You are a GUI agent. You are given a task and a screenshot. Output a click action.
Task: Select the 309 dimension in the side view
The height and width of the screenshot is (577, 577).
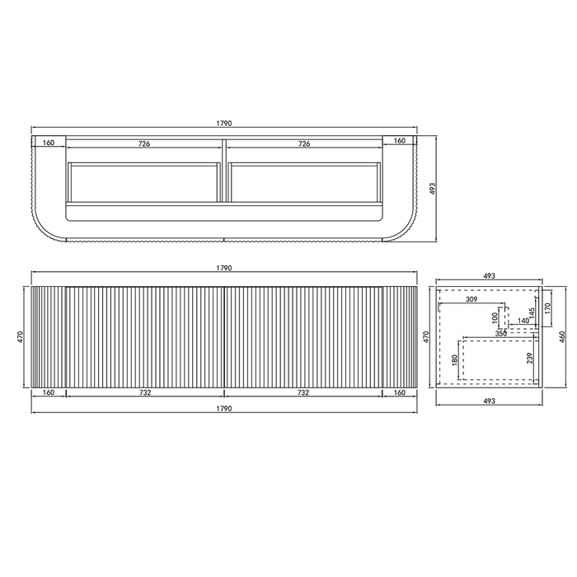pyautogui.click(x=471, y=298)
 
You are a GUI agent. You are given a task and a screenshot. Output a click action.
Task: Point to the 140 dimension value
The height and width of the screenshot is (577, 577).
pyautogui.click(x=523, y=321)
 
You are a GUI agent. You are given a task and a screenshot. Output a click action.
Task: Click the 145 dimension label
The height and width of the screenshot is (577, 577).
pyautogui.click(x=533, y=312)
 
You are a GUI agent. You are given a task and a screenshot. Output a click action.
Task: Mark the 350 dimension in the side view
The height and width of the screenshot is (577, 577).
pyautogui.click(x=501, y=333)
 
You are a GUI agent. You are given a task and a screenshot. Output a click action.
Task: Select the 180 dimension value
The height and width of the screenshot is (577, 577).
pyautogui.click(x=455, y=360)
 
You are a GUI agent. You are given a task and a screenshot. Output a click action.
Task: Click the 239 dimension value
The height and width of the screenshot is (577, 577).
pyautogui.click(x=530, y=359)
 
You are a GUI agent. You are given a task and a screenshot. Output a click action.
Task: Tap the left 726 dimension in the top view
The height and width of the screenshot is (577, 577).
pyautogui.click(x=144, y=143)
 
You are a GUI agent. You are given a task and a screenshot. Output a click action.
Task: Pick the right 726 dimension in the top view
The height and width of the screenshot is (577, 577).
pyautogui.click(x=303, y=143)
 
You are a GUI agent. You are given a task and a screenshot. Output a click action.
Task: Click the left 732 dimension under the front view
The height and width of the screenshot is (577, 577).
pyautogui.click(x=144, y=393)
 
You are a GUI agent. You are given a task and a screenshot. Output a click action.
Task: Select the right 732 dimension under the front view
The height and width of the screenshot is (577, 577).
pyautogui.click(x=303, y=393)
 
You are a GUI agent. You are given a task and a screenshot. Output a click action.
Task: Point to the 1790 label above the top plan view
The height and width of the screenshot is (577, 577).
pyautogui.click(x=224, y=123)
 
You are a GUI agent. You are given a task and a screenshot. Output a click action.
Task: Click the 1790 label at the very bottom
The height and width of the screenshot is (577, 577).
pyautogui.click(x=224, y=408)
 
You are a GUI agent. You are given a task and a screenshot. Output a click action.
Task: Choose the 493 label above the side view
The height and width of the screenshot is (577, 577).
pyautogui.click(x=488, y=276)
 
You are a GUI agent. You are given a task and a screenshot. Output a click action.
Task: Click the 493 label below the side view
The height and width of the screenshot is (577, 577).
pyautogui.click(x=488, y=401)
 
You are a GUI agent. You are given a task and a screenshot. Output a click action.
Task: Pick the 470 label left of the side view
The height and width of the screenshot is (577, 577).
pyautogui.click(x=426, y=336)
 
